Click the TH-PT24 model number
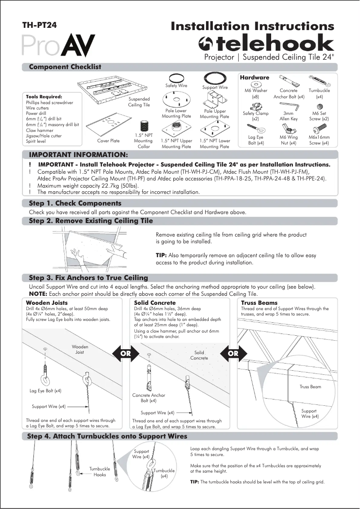(40, 26)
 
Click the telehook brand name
(267, 44)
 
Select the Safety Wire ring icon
(176, 77)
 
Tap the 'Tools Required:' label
(44, 97)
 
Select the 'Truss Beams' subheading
(259, 303)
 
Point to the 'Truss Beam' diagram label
(310, 386)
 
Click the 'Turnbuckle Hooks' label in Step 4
(100, 471)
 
